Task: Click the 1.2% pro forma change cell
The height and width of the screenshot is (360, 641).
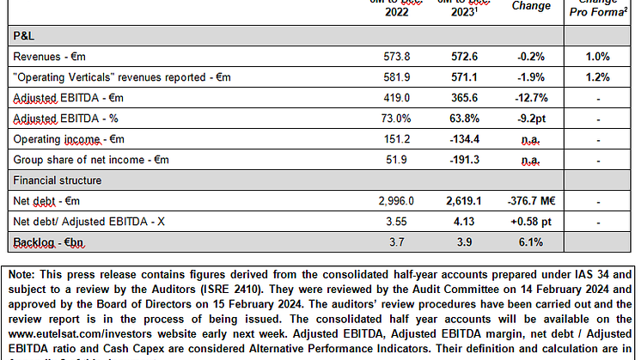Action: click(599, 77)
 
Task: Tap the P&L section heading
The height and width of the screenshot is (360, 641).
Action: click(23, 37)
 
